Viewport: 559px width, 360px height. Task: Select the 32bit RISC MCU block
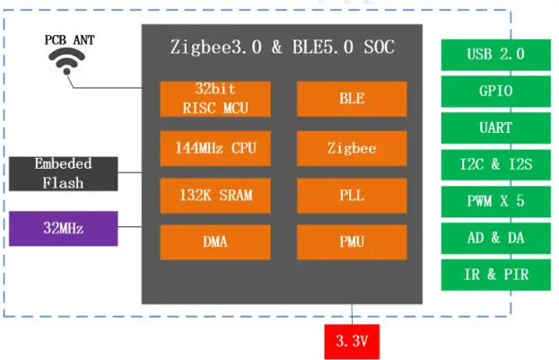[x=214, y=99]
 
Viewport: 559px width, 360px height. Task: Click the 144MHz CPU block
[x=214, y=147]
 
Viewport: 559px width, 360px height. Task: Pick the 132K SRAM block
[x=214, y=195]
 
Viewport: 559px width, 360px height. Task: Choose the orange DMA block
[x=214, y=241]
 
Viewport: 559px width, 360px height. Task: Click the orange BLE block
[x=351, y=99]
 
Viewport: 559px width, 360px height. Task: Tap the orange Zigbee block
[x=351, y=147]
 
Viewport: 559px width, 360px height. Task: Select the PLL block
[x=351, y=195]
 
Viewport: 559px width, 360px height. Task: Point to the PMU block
[x=351, y=241]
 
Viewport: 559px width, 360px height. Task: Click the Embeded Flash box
[x=64, y=173]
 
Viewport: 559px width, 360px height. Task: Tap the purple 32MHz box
[x=64, y=228]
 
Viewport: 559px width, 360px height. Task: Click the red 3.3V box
[x=352, y=341]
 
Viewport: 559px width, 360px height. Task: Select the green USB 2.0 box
[x=494, y=54]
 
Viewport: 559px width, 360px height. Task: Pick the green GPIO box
[x=494, y=91]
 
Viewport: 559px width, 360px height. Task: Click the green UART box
[x=494, y=127]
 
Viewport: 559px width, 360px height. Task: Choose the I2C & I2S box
[x=494, y=164]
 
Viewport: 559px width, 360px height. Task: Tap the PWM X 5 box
[x=494, y=201]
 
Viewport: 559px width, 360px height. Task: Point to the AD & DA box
[x=494, y=238]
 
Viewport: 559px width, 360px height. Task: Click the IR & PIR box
[x=494, y=275]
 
